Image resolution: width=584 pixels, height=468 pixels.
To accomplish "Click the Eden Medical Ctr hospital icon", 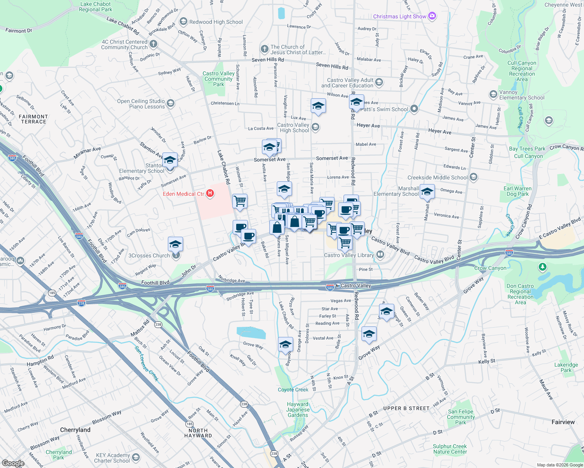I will point(210,193).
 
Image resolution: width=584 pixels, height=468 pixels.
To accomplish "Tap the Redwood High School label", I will point(216,22).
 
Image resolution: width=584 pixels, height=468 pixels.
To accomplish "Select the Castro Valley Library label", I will point(349,255).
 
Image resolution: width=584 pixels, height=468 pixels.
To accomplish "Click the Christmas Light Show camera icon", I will point(432,16).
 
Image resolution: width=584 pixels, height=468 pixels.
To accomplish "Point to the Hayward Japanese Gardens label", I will point(297,409).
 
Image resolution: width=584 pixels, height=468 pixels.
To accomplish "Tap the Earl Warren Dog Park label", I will point(517,191).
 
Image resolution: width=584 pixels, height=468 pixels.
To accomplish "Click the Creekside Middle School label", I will point(437,177).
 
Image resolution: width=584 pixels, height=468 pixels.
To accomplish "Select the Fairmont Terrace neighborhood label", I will point(34,119).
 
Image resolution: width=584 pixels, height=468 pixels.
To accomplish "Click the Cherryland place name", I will point(75,430).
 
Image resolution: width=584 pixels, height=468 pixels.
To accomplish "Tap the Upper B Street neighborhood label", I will point(406,408).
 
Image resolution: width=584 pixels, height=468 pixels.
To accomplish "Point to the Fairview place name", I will point(563,422).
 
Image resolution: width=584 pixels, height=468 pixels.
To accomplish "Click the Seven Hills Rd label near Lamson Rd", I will point(268,60).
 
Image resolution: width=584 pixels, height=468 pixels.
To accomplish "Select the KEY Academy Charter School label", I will point(113,458).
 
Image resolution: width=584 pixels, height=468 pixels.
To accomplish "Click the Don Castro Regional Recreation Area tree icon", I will point(542,267).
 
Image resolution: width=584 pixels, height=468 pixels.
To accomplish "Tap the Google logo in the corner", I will point(13,463).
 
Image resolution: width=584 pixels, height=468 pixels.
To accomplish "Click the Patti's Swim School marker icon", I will point(414,109).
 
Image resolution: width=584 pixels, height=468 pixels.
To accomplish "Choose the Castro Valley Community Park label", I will point(219,79).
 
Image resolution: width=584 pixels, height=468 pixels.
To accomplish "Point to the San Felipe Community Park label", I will point(461,417).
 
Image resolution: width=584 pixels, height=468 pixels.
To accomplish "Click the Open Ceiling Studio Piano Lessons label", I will point(141,104).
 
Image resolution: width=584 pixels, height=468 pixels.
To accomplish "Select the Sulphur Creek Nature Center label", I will point(450,449).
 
